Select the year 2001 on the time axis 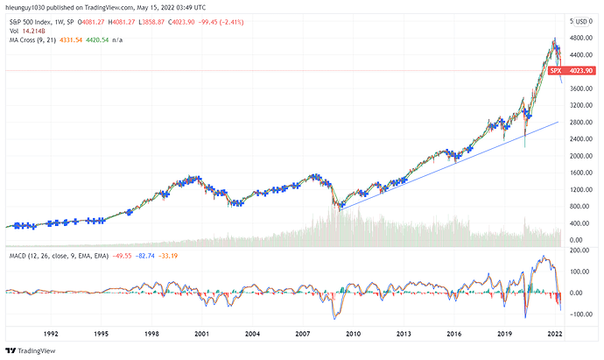[201, 334]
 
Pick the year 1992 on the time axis [51, 334]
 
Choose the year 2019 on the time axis [503, 334]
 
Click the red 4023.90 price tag [581, 71]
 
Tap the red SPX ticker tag [554, 71]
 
